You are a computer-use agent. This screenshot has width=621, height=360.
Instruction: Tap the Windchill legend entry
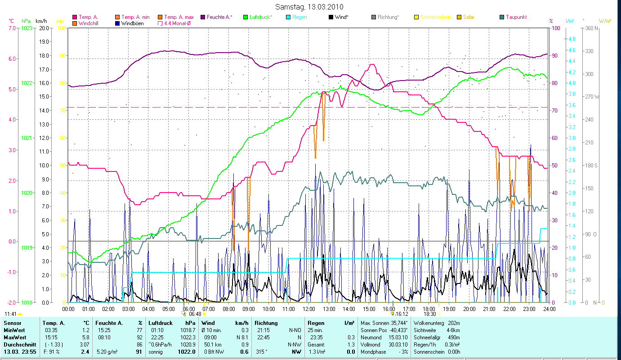tap(90, 23)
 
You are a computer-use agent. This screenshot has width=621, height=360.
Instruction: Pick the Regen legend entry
tap(299, 17)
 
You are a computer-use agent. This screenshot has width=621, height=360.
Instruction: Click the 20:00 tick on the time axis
tap(469, 309)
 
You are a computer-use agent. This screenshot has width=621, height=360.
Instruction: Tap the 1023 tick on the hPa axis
tap(27, 28)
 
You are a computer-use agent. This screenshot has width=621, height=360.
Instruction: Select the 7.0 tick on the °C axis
tap(12, 28)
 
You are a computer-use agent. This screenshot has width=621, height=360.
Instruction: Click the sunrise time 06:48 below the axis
tap(195, 314)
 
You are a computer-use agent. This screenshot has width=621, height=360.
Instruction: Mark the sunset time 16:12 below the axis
tap(402, 314)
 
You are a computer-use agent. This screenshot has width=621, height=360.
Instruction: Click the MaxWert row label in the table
tap(15, 337)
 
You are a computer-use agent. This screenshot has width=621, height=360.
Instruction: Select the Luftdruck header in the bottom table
tap(161, 323)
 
